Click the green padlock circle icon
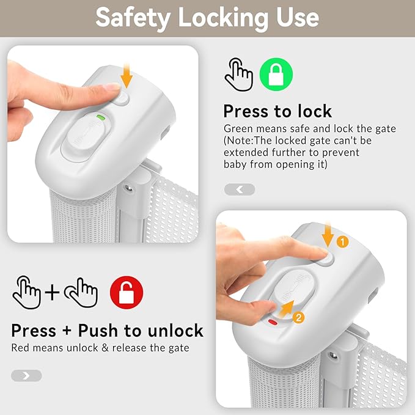276,75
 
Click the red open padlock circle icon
127,293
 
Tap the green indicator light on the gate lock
101,117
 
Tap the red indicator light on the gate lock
273,322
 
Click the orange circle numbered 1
342,242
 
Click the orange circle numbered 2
298,317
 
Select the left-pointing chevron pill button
240,189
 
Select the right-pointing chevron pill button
26,375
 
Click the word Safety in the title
133,18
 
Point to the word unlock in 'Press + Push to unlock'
175,331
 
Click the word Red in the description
20,348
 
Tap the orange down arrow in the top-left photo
127,75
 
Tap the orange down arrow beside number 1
328,234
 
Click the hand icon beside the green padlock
239,75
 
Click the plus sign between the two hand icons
52,293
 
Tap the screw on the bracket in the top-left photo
129,188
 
